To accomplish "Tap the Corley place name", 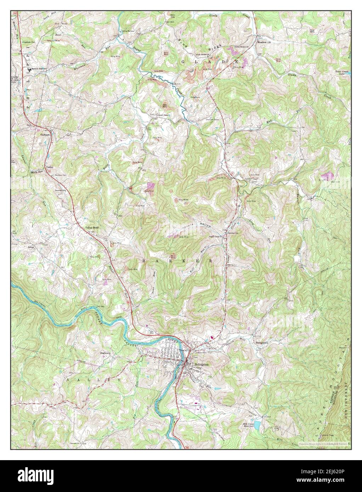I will click(49, 166).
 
